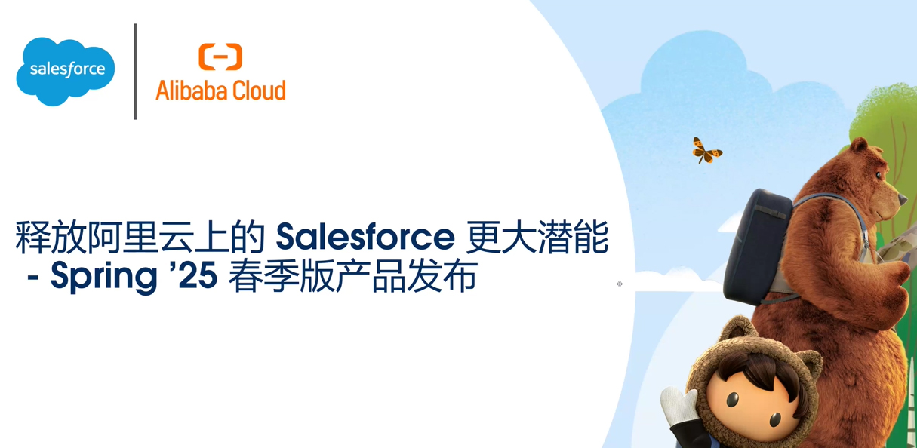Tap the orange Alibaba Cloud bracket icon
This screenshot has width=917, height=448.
[x=220, y=57]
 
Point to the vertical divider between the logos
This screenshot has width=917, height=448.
[x=135, y=72]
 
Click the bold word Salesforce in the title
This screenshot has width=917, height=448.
[x=365, y=237]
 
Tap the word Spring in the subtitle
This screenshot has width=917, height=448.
[x=103, y=276]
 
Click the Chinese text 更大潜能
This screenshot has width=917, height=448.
[x=537, y=237]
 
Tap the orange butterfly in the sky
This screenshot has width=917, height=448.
[x=706, y=151]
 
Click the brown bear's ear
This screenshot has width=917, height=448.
[x=858, y=146]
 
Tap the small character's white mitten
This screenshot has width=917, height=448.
[x=677, y=407]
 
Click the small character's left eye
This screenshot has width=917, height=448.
[x=732, y=399]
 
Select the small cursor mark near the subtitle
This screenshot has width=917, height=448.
[x=620, y=284]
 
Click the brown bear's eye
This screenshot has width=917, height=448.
[x=879, y=175]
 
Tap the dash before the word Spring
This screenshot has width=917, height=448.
[x=32, y=278]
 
